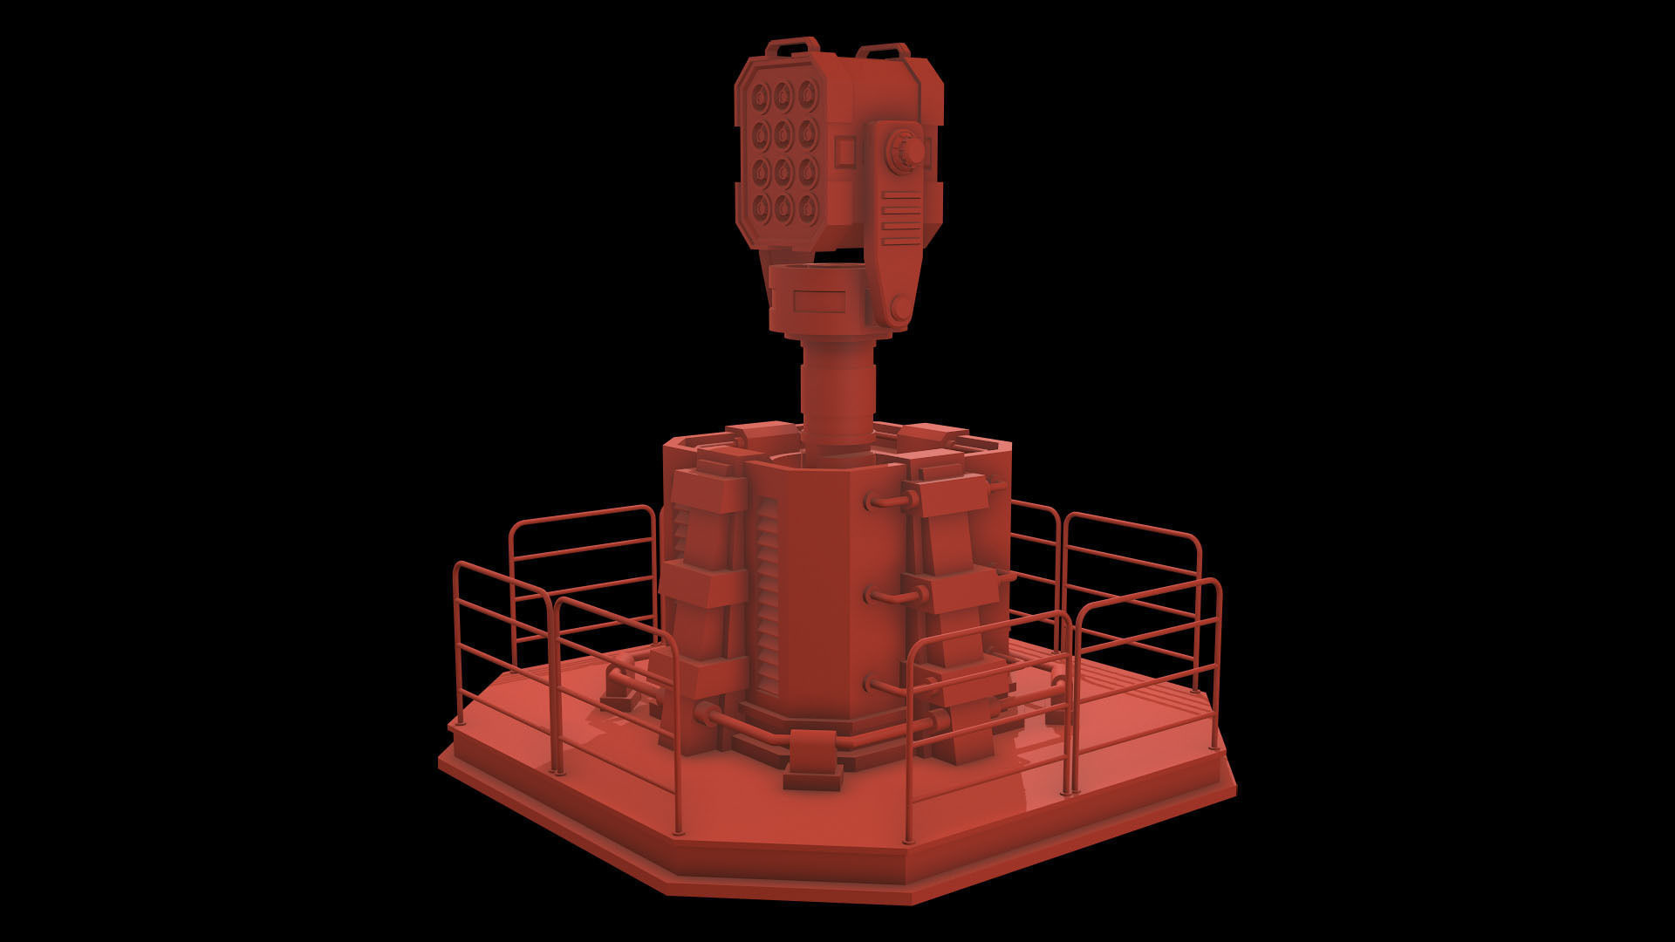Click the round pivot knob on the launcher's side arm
(906, 153)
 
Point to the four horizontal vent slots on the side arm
(900, 219)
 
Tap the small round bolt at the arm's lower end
(898, 308)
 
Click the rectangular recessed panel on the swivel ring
(820, 301)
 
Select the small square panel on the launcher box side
(844, 153)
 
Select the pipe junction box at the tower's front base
(812, 760)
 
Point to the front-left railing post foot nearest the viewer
(679, 829)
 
